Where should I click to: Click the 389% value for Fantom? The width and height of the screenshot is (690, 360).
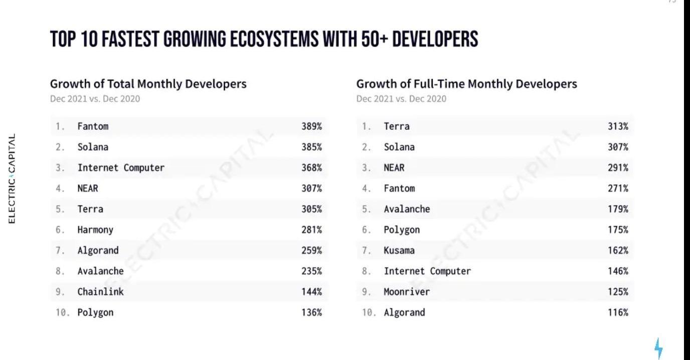coord(311,126)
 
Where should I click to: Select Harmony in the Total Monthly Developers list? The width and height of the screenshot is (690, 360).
coord(95,230)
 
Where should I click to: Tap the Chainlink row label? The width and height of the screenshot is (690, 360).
coord(100,292)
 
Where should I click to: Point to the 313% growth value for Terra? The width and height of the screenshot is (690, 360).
coord(618,126)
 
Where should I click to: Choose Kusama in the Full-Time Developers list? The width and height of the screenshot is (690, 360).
coord(399,251)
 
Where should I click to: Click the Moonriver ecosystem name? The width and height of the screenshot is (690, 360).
coord(407,292)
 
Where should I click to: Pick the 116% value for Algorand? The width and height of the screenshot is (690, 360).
coord(618,312)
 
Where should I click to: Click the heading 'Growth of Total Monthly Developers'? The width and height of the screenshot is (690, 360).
coord(148,84)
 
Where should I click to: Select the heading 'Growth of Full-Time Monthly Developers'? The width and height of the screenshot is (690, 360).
coord(466,84)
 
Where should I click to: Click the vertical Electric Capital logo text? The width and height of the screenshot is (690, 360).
coord(12,178)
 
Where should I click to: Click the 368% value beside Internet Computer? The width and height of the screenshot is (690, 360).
coord(311,168)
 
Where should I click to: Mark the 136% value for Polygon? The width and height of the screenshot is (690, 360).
coord(311,312)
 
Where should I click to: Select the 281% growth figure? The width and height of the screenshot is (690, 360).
coord(311,230)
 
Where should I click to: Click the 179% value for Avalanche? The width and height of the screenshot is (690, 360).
coord(618,209)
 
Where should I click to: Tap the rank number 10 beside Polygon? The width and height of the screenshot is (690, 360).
coord(62,312)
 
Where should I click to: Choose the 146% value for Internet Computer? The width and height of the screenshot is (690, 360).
coord(618,271)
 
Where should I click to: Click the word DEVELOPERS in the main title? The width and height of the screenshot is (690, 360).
coord(435,39)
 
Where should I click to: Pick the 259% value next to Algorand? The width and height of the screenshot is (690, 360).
coord(311,251)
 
